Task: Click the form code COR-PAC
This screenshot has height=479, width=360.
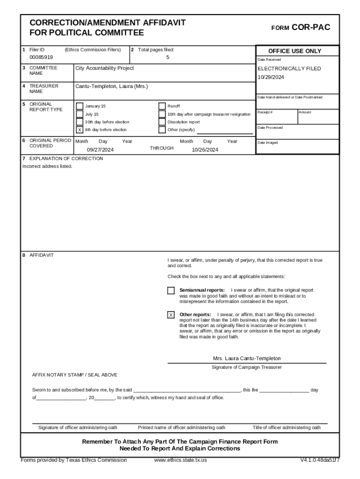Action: click(311, 28)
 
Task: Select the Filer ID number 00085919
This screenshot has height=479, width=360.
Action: click(41, 57)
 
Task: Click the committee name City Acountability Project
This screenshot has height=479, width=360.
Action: click(104, 68)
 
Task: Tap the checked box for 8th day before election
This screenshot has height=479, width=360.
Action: click(79, 130)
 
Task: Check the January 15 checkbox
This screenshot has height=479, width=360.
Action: click(79, 106)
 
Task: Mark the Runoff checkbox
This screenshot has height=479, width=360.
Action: click(162, 106)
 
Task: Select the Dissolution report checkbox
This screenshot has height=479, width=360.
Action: click(162, 122)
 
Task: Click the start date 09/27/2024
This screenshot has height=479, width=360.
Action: click(100, 150)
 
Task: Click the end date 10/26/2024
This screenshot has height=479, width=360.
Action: click(205, 150)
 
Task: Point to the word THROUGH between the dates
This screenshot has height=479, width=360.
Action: click(162, 148)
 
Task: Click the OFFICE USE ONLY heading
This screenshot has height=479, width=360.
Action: click(295, 51)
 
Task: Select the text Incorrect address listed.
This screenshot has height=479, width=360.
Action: click(47, 167)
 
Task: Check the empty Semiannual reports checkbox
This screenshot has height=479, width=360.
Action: click(171, 290)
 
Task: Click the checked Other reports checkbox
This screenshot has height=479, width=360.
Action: click(171, 315)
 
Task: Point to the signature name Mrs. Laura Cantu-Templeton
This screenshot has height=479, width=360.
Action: click(247, 358)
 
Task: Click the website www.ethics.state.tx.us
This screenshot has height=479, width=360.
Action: click(180, 460)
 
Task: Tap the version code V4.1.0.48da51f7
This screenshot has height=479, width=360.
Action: click(320, 460)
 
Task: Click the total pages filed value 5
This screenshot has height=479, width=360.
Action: click(167, 57)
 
